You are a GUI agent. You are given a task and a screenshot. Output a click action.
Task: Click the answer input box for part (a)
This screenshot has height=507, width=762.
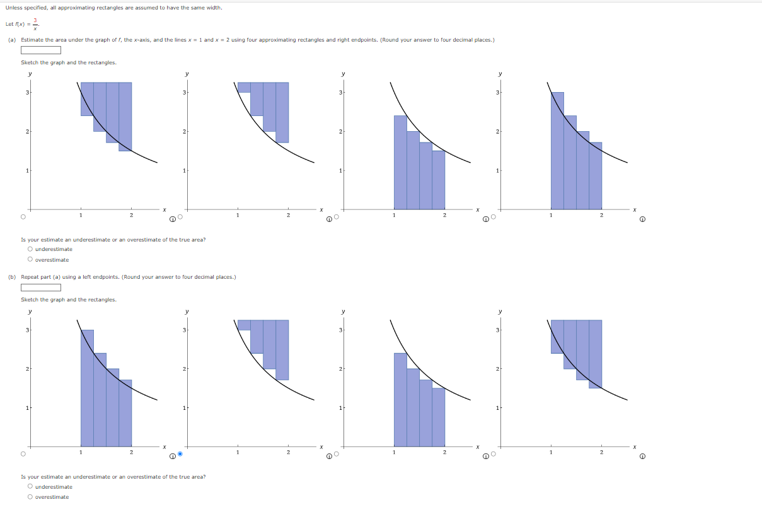41,50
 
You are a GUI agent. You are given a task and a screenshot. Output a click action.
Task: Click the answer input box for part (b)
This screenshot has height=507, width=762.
41,288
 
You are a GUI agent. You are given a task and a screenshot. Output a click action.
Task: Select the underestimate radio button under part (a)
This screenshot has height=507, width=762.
30,249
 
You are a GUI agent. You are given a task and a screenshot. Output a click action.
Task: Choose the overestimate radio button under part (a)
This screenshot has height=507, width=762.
30,260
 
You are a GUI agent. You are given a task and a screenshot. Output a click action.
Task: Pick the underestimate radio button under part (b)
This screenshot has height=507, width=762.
30,487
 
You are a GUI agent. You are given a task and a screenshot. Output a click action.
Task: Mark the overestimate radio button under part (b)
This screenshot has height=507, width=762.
30,497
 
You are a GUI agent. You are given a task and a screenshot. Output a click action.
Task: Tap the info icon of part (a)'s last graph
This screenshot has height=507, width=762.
642,220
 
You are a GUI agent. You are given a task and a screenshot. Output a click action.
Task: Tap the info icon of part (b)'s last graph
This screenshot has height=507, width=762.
642,457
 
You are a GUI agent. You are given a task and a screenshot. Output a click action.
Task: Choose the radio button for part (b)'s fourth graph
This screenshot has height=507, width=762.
494,454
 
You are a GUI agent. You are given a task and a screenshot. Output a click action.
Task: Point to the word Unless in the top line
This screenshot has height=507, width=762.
13,8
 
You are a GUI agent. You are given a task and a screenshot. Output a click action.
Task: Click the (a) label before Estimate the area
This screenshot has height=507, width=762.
12,40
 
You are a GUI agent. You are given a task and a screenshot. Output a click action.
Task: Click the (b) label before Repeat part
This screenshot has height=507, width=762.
12,277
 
